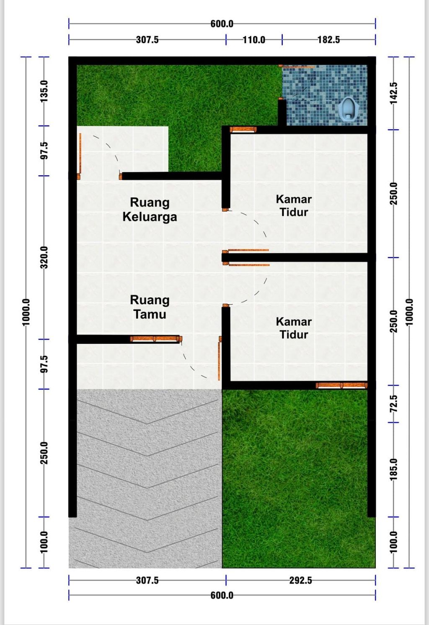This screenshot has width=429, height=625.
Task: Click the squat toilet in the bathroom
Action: (349, 110)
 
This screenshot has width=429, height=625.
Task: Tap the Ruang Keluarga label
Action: (150, 210)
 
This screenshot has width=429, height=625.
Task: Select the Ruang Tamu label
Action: (150, 307)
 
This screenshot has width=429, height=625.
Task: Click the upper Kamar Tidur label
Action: (294, 205)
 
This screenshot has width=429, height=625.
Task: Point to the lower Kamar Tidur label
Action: (294, 328)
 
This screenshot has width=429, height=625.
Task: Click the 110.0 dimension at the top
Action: (254, 40)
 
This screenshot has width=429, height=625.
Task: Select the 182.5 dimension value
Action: (328, 40)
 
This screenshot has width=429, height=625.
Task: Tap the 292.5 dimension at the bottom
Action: (300, 580)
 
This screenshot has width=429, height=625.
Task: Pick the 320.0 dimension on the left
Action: (44, 257)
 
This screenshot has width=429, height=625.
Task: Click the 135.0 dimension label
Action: (44, 91)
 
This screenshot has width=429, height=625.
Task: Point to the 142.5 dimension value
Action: (393, 93)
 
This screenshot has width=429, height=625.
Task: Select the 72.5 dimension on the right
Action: (393, 404)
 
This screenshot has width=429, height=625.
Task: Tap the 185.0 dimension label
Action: (393, 469)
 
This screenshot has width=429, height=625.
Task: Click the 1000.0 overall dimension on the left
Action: (26, 312)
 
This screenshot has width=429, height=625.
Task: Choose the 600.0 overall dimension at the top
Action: (222, 24)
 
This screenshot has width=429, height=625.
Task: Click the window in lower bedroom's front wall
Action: (341, 385)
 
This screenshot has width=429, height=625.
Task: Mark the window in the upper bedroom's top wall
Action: (243, 129)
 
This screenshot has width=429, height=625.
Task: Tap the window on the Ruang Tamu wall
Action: (155, 339)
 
